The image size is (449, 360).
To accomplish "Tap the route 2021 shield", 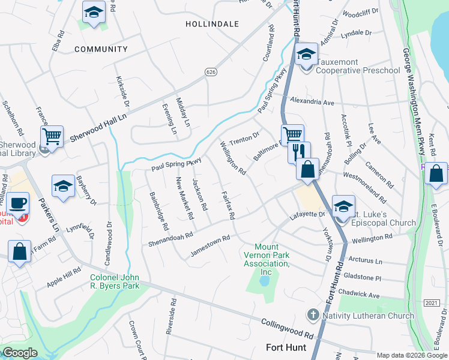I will pyautogui.click(x=431, y=302).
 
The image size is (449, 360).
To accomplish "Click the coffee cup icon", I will pyautogui.click(x=19, y=203).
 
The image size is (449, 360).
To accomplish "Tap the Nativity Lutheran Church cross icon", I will pyautogui.click(x=312, y=314).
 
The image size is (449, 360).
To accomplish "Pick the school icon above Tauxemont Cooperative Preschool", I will pyautogui.click(x=306, y=55).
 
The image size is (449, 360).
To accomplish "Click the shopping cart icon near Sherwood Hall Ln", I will pyautogui.click(x=52, y=137).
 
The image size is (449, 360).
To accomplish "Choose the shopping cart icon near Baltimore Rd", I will pyautogui.click(x=292, y=134).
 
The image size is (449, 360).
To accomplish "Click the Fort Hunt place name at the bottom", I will pyautogui.click(x=286, y=347).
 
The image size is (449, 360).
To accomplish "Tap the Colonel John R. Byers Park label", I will pyautogui.click(x=115, y=281).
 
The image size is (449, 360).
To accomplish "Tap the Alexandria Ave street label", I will pyautogui.click(x=312, y=103).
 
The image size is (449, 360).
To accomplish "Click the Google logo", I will pyautogui.click(x=20, y=353).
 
